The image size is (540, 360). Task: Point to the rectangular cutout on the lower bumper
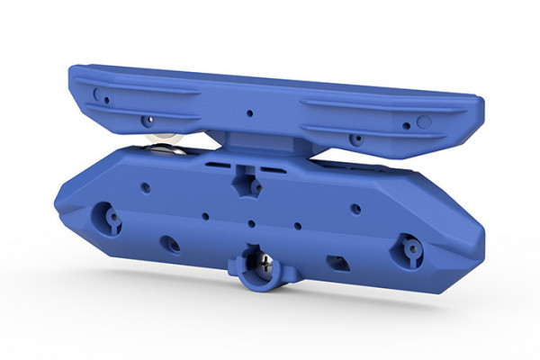pos(337,262)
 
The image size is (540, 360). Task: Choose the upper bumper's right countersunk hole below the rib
pos(357,139)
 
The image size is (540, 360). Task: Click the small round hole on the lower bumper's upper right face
pos(355,209)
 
